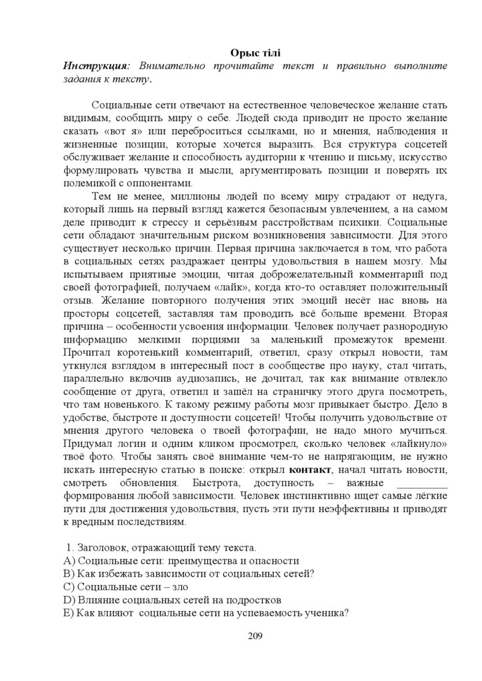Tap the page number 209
[x=254, y=636]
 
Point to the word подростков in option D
[x=254, y=599]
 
